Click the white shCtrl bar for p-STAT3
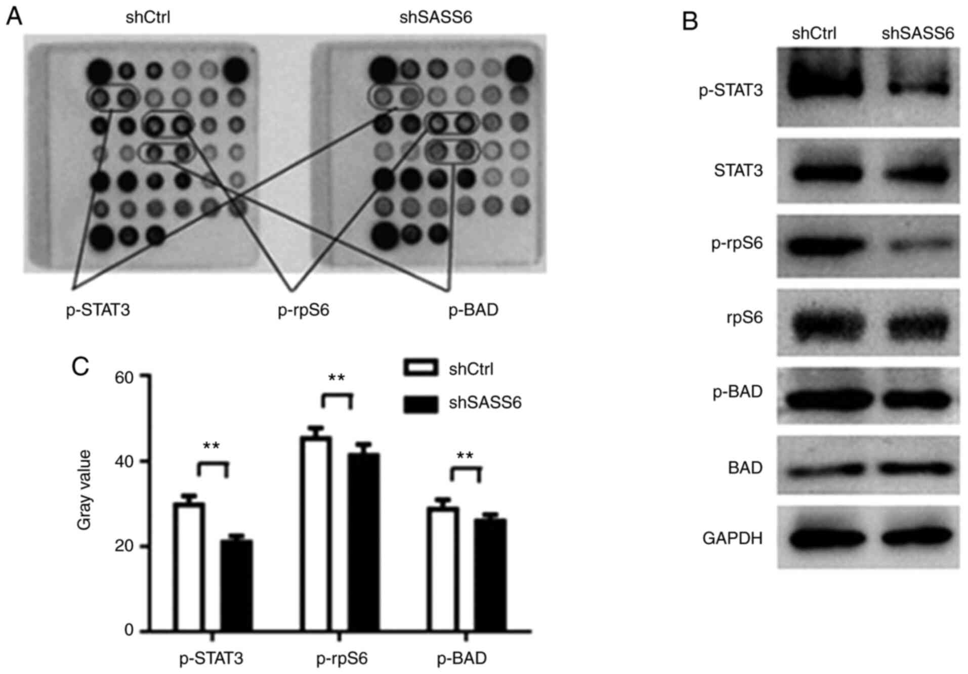tap(189, 566)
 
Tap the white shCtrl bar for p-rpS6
tap(316, 533)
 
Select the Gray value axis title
tap(85, 490)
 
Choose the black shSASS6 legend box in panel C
tap(420, 403)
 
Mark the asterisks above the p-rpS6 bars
tap(336, 378)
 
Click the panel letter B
tap(690, 22)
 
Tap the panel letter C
tap(80, 366)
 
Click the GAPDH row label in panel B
tap(732, 538)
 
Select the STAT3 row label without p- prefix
tap(738, 170)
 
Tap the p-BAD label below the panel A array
tap(473, 309)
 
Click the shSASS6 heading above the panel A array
tap(435, 18)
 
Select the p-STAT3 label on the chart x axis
tap(211, 659)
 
